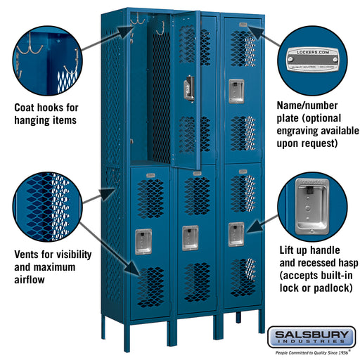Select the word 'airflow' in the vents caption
click(28, 280)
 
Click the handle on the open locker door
click(188, 89)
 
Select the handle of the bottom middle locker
click(189, 237)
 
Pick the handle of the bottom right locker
click(236, 233)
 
